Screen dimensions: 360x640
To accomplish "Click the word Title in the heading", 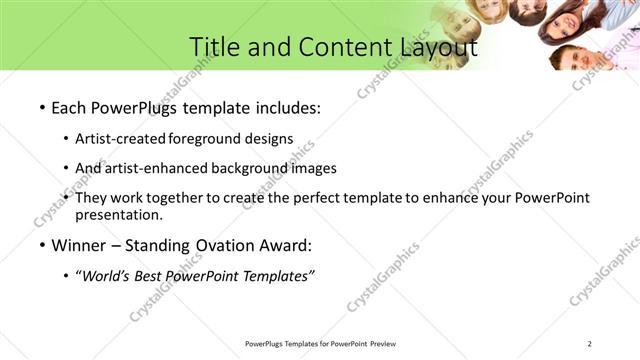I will pos(214,47).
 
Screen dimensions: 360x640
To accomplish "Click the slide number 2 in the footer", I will pos(590,344).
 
